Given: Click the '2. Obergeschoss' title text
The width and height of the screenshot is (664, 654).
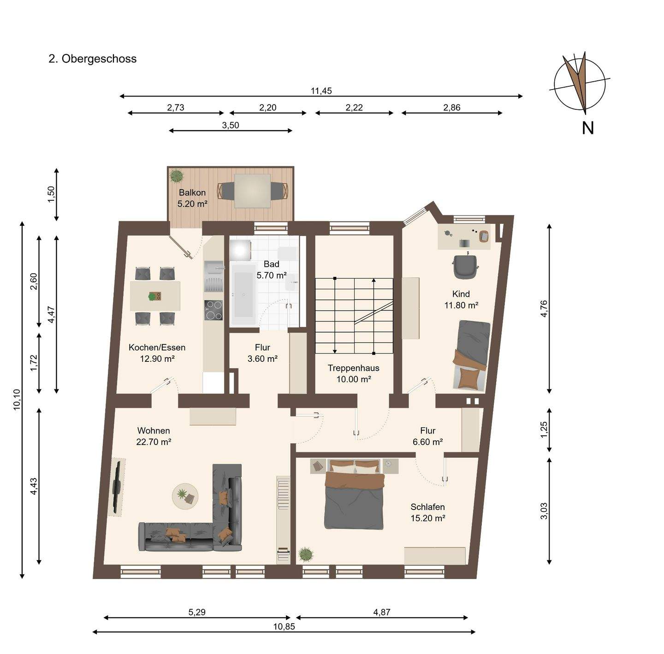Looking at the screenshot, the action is coord(92,59).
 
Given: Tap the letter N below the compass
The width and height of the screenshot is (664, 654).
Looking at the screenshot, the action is coord(587,129).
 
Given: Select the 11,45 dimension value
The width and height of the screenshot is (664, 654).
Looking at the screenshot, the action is coord(321,91).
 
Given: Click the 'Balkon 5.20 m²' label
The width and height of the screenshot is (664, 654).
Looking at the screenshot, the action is coord(192,198).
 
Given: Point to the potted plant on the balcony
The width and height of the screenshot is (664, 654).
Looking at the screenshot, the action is coord(177,175).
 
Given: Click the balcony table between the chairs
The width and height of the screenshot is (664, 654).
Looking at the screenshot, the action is coord(252,191).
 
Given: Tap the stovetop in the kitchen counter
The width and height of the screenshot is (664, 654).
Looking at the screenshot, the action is coord(213,310).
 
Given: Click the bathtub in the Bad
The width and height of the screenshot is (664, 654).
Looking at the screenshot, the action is coord(244,294).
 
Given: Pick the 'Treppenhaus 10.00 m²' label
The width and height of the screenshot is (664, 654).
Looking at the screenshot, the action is coord(353,373).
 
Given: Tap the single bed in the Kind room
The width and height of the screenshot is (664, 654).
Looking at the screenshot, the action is coord(471,355).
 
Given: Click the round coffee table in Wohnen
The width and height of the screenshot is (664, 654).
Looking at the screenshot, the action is coord(185,496).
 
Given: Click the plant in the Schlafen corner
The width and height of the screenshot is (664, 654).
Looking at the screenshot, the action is coord(306,555).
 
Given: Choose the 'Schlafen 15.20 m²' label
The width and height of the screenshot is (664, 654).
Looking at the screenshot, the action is coord(427,513).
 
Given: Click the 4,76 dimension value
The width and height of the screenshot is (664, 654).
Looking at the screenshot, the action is coord(544,309).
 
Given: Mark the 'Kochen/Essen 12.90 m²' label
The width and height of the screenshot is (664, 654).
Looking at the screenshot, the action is coord(157,353).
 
